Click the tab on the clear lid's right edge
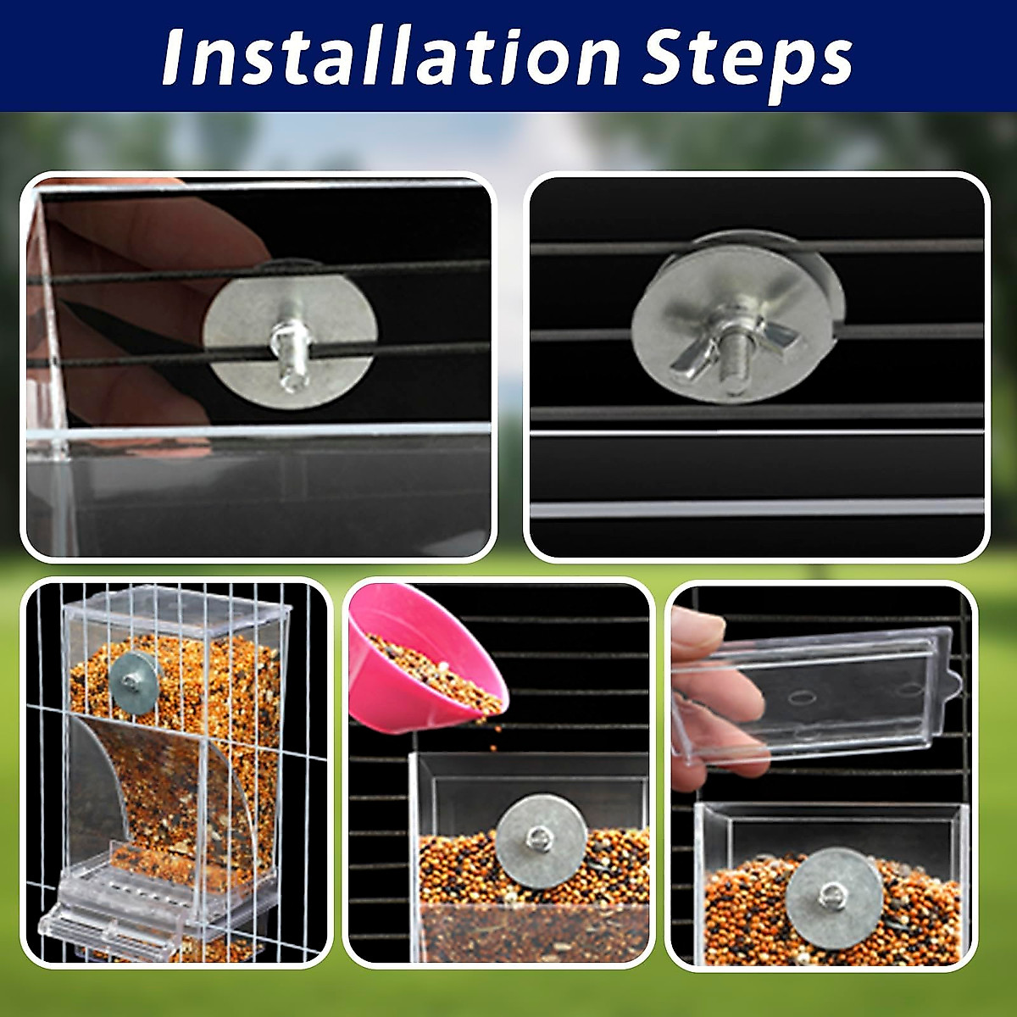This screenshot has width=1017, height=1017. pyautogui.click(x=953, y=678)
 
